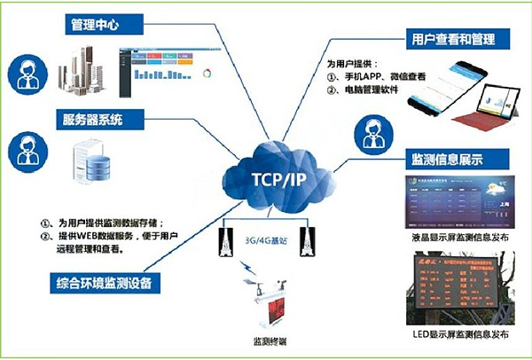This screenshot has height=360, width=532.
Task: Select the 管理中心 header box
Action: (99, 25)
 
